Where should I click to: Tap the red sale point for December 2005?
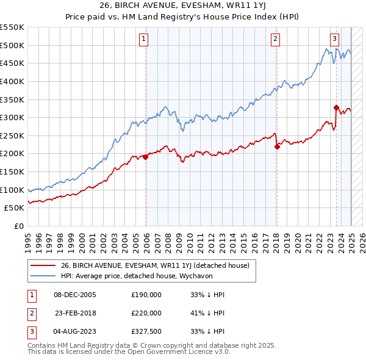point(145,157)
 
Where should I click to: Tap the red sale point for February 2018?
point(277,146)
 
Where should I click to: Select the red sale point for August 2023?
point(336,107)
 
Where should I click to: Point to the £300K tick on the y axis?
point(12,117)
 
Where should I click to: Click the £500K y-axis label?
point(12,45)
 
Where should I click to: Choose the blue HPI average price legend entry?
point(144,276)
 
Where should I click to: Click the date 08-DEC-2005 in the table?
point(75,295)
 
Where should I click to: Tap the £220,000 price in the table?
point(146,313)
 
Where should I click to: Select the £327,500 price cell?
point(146,331)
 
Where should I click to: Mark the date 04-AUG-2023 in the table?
point(75,331)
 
